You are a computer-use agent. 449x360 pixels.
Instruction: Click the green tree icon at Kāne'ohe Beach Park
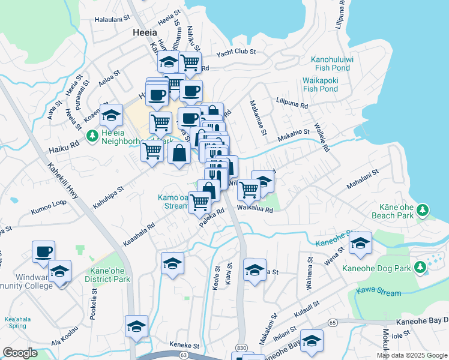pos(423,209)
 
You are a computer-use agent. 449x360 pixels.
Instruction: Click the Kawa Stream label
pos(378,293)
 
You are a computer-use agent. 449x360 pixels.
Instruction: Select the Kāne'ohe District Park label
pos(109,275)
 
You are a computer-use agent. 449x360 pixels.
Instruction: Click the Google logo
pos(20,353)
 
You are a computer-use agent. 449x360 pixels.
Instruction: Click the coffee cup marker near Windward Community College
pos(43,252)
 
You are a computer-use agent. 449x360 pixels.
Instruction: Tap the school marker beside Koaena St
pos(112,114)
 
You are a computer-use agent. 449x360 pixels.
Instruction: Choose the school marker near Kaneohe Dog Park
pos(360,243)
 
